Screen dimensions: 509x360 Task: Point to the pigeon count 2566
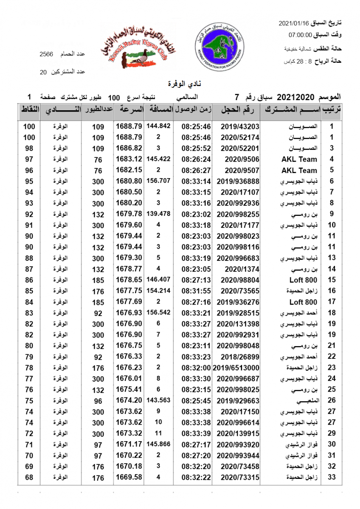(46, 54)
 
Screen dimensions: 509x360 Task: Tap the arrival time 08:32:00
(196, 368)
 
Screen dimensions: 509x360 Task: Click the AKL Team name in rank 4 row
(299, 159)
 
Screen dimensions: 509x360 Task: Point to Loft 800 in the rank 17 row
(303, 302)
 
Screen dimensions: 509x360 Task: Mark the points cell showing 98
(29, 148)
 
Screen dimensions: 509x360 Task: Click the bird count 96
(98, 401)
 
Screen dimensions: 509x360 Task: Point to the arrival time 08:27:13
(196, 280)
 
